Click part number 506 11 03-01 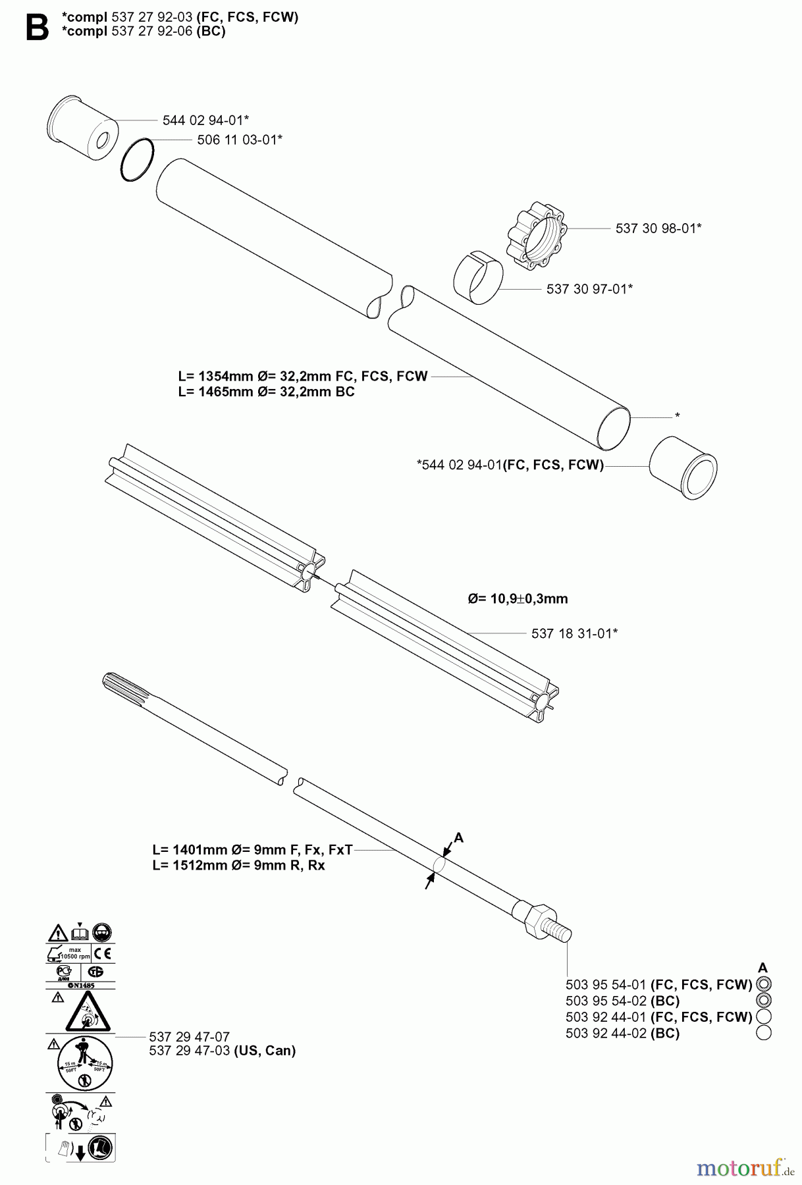(x=239, y=140)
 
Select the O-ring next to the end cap (x=138, y=159)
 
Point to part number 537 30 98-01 (x=658, y=228)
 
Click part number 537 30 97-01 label (x=589, y=288)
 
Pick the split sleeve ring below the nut (x=478, y=277)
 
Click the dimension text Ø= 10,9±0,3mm (x=518, y=598)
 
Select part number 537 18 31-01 (x=574, y=633)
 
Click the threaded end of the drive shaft (x=560, y=931)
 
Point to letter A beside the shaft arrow (x=459, y=838)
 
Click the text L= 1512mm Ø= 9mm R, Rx (x=238, y=865)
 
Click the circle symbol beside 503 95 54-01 (x=764, y=984)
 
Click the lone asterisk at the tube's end (x=678, y=416)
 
